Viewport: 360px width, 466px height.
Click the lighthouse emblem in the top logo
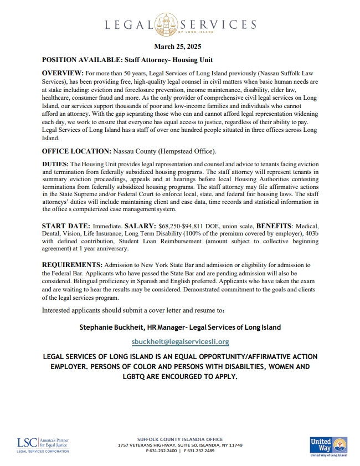click(x=165, y=24)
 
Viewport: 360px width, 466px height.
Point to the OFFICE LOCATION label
click(x=76, y=151)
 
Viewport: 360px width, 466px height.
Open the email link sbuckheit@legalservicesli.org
click(x=180, y=342)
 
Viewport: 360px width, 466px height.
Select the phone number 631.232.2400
click(x=163, y=450)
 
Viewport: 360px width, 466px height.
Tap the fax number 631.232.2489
click(x=200, y=450)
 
